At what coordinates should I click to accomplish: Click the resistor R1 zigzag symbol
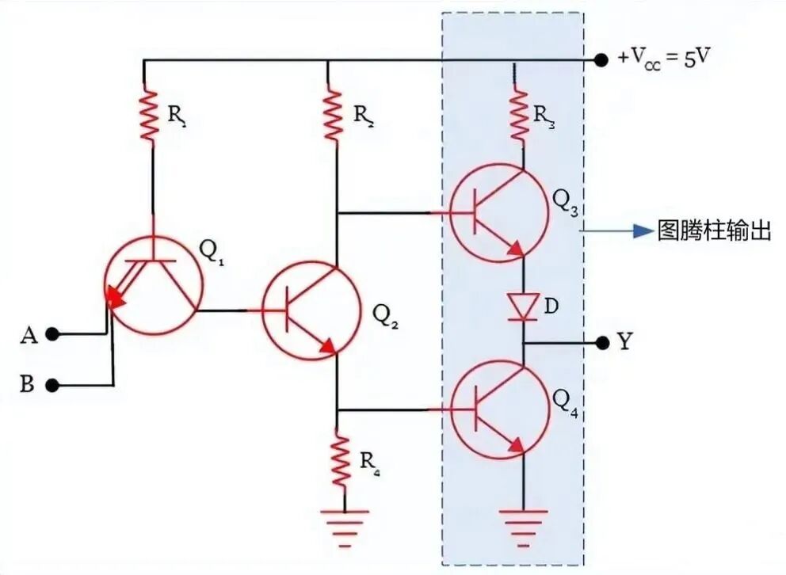point(149,115)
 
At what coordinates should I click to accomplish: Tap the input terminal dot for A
point(52,333)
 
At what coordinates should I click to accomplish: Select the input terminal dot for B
point(52,385)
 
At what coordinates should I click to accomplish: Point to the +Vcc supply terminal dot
point(601,60)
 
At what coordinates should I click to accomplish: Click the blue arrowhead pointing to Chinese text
point(643,231)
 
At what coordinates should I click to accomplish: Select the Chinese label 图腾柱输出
point(714,231)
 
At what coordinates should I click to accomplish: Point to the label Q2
point(386,315)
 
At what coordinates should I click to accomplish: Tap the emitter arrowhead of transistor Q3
point(517,249)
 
